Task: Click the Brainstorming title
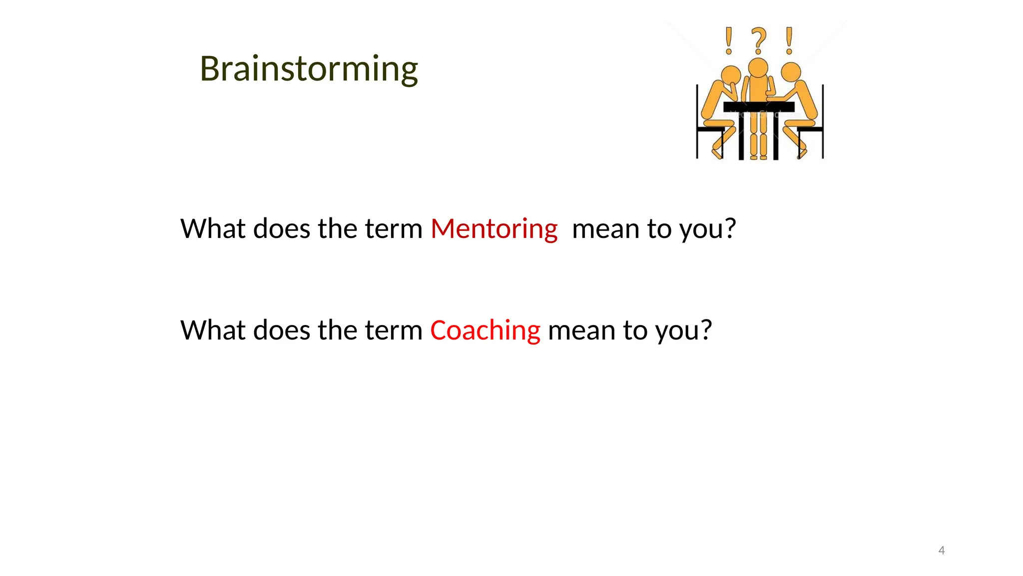click(x=309, y=69)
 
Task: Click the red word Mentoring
click(x=494, y=229)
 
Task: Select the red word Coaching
click(x=485, y=330)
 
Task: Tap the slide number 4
click(x=941, y=550)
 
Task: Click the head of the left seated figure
click(x=731, y=75)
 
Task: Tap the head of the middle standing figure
click(x=758, y=67)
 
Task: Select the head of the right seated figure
click(x=791, y=72)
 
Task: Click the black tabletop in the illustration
click(x=759, y=107)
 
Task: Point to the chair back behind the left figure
click(x=697, y=120)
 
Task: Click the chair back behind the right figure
click(x=822, y=120)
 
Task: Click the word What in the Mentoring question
click(x=213, y=229)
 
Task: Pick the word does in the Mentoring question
click(x=282, y=229)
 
